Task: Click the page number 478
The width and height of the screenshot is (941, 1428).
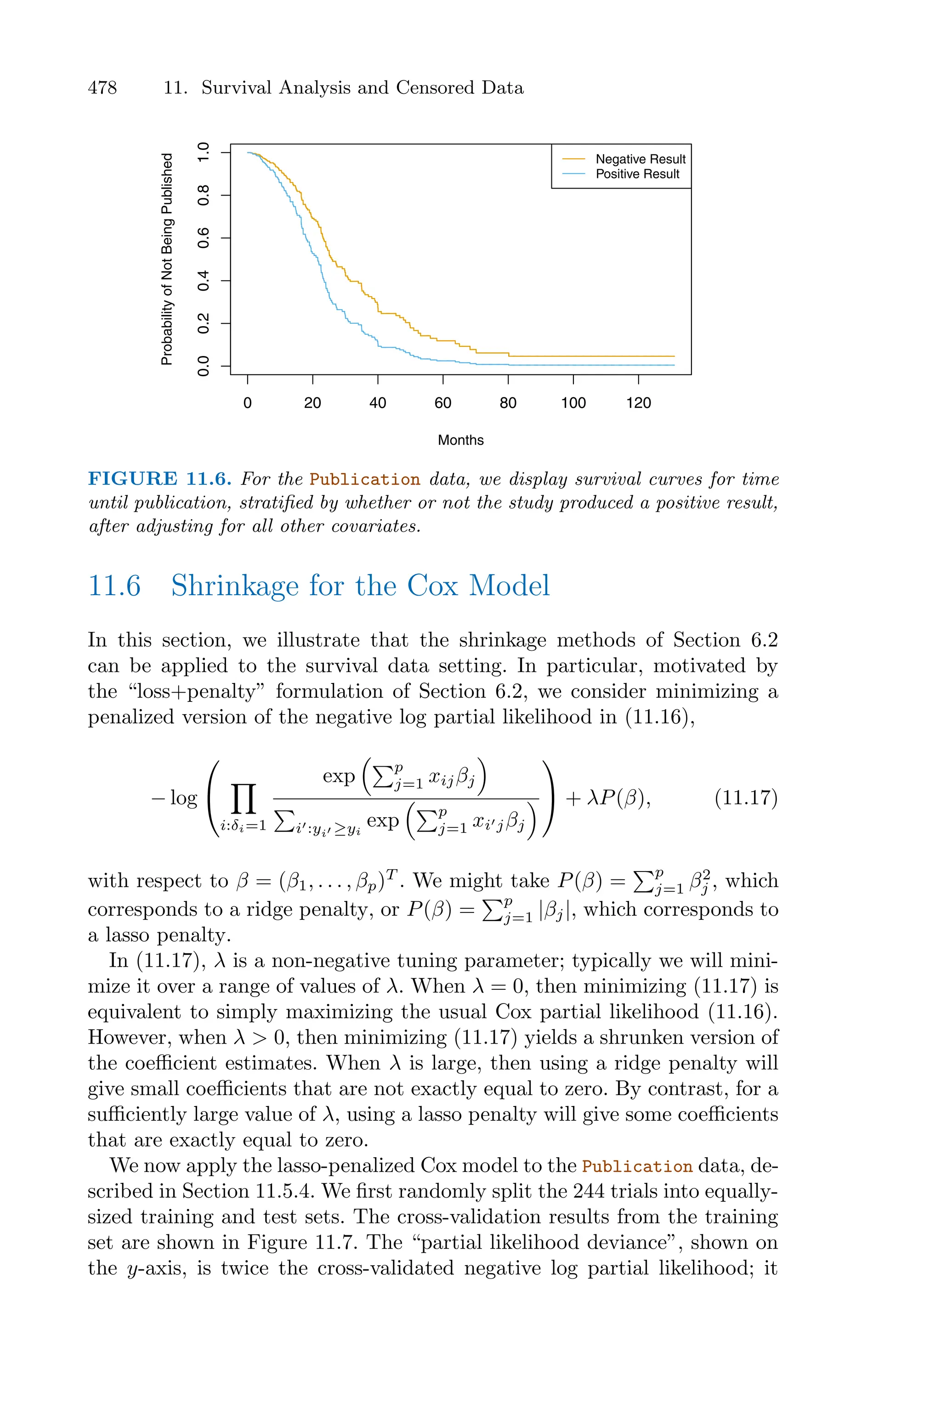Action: pos(102,88)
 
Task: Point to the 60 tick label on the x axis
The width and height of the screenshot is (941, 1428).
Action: pos(443,403)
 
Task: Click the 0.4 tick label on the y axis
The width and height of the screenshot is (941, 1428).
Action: pos(204,281)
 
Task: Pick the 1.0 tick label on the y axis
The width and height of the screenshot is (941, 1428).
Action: pos(204,153)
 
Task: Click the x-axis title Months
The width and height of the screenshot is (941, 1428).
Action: pos(460,440)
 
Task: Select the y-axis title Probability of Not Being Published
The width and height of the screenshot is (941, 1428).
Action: pos(167,259)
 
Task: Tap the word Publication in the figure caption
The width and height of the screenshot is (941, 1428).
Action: pos(365,480)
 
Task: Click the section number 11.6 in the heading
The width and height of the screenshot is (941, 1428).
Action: pos(114,585)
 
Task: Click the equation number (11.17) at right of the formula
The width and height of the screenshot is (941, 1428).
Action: pos(746,798)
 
